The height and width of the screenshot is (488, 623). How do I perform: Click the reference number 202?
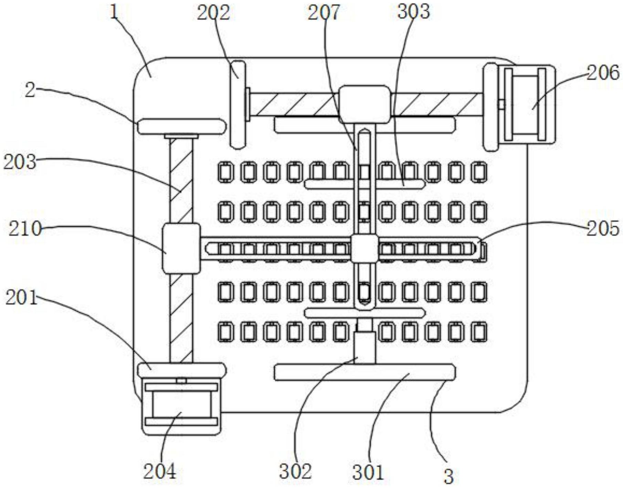coord(213,13)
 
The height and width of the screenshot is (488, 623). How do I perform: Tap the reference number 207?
coord(324,13)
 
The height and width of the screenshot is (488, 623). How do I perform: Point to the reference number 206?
coord(603,73)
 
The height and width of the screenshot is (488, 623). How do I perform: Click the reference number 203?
coord(20,162)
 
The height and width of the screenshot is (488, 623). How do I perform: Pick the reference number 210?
coord(25,229)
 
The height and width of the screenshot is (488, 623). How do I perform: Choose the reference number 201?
coord(21,297)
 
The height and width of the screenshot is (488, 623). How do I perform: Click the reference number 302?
coord(295,471)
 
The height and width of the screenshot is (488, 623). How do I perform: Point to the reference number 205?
coord(603,229)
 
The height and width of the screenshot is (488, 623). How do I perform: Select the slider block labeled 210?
coord(181,248)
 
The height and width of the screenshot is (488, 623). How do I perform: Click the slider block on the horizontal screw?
coord(365,104)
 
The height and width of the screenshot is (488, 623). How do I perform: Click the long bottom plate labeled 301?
coord(365,372)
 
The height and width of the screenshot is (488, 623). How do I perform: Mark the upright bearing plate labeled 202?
coord(238,105)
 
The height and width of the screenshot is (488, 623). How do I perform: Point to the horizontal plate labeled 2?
coord(181,126)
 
